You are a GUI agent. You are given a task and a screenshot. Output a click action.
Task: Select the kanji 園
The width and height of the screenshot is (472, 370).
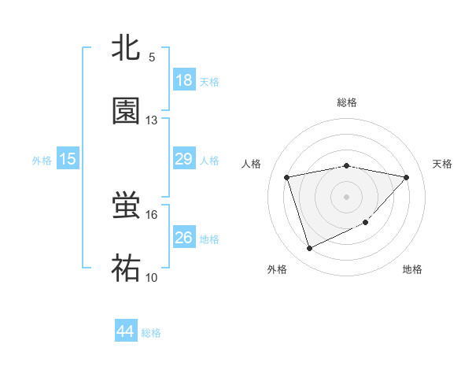tap(127, 111)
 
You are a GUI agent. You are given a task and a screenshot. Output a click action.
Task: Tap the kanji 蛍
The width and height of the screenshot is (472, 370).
tap(127, 205)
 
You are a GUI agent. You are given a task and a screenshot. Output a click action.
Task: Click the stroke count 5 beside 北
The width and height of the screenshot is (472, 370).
tap(152, 57)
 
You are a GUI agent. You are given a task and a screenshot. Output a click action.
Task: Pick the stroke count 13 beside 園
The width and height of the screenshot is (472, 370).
tap(152, 120)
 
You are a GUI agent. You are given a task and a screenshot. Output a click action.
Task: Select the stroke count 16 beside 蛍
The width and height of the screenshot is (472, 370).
tap(152, 214)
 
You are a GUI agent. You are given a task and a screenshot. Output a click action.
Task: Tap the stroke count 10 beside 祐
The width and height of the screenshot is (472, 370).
tap(152, 277)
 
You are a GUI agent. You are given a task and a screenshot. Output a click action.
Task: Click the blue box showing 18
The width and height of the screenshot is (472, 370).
tap(184, 80)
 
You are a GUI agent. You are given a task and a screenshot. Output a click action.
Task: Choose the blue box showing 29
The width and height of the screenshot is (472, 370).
tap(184, 159)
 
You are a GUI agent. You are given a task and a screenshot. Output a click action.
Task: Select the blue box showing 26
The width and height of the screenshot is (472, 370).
tap(184, 237)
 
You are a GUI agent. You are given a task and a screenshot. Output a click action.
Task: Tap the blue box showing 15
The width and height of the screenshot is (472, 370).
tap(68, 159)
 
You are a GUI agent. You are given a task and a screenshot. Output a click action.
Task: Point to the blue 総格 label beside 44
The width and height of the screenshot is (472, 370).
tap(151, 333)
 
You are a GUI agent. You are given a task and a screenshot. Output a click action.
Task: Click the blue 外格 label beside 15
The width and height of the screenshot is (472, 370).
tap(42, 161)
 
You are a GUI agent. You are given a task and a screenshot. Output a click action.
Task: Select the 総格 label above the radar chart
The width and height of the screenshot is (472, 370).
tap(347, 102)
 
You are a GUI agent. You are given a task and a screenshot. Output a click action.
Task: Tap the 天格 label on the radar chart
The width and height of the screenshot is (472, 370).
tap(442, 164)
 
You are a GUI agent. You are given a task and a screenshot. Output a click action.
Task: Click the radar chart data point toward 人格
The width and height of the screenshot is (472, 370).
tap(287, 177)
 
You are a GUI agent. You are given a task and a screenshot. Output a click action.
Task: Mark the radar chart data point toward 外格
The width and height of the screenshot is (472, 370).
tap(309, 249)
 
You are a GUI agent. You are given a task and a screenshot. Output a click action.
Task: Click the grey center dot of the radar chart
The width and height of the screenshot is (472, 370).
tap(347, 197)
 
